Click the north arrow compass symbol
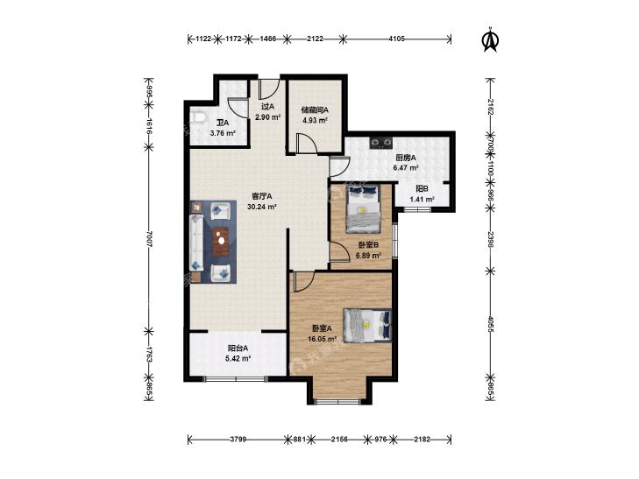(491, 39)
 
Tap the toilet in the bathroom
(198, 117)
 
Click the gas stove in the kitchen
(381, 143)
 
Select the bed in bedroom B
(363, 208)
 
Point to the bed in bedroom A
(367, 325)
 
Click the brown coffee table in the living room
(221, 241)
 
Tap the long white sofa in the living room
(196, 243)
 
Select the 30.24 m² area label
(262, 207)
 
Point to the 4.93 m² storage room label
(315, 121)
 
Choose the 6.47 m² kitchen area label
(406, 167)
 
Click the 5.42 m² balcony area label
(238, 359)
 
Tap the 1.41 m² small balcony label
(422, 200)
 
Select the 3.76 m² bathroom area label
(223, 133)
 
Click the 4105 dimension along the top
(396, 39)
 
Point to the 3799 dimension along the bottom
(238, 439)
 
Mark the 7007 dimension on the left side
(149, 239)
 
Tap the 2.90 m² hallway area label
(267, 117)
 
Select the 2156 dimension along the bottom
(339, 439)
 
